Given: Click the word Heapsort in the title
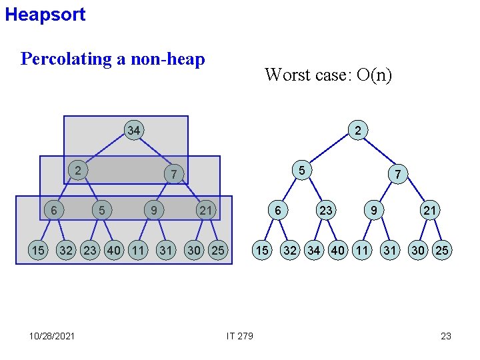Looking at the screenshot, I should (x=45, y=15).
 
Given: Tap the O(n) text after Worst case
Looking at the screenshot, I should (x=374, y=75).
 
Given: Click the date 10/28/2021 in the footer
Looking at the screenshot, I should (x=52, y=336).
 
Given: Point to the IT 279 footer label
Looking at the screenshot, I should (x=240, y=336).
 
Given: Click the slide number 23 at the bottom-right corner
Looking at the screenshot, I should (x=446, y=336).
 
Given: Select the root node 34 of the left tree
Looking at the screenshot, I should (x=134, y=131).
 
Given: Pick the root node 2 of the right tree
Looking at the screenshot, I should (x=358, y=131).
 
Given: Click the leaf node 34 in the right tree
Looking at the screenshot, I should (x=314, y=251).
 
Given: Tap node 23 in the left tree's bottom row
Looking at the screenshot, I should (x=90, y=251).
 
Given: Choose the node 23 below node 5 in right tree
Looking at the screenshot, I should (x=325, y=211).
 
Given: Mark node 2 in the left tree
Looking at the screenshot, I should (x=78, y=171).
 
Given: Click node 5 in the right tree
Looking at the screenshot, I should (x=302, y=171).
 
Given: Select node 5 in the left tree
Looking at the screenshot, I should (x=101, y=211).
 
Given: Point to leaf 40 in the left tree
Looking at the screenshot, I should (x=114, y=251).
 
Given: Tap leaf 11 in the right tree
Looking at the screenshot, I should (x=362, y=251).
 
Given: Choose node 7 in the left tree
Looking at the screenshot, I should (x=173, y=175).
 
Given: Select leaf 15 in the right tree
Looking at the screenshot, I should (x=263, y=251).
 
